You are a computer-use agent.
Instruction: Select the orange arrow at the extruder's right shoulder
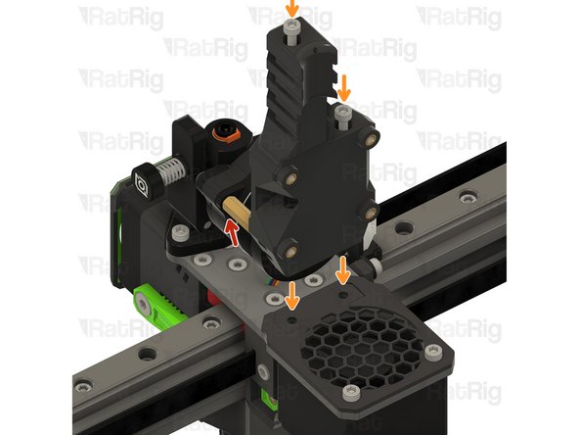coord(343,90)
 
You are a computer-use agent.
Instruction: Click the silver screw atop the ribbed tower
coord(291,32)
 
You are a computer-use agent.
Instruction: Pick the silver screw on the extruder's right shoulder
coord(342,114)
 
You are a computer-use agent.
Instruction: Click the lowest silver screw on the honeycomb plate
coord(350,393)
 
